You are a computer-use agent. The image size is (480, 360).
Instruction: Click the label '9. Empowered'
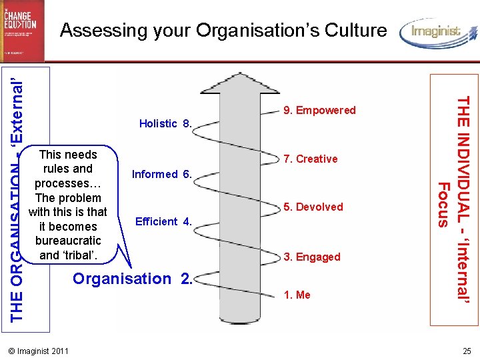[319, 111]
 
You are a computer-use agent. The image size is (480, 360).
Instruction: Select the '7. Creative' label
[310, 159]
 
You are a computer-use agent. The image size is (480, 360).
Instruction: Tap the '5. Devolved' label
[313, 207]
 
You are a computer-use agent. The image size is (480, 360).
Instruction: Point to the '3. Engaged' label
[312, 257]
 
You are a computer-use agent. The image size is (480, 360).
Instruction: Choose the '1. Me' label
[297, 295]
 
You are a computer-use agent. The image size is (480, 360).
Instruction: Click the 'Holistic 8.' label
[165, 123]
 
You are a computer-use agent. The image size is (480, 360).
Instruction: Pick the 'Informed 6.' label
[162, 175]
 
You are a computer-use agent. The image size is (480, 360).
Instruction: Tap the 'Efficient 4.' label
[163, 221]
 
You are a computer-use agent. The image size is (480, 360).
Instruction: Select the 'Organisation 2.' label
[132, 279]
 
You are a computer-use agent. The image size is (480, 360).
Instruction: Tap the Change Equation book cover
[22, 31]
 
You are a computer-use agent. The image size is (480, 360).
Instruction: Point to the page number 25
[466, 351]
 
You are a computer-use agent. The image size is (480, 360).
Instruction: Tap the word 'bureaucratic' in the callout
[68, 241]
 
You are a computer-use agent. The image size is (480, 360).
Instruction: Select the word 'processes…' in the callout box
[68, 183]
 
